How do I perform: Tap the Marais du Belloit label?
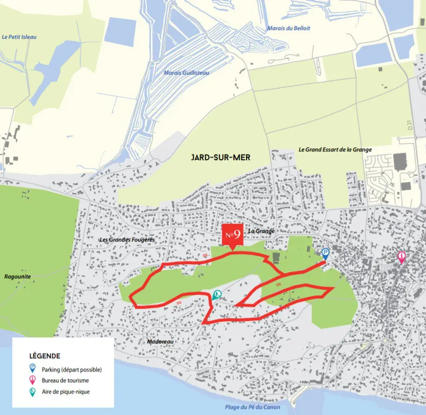tap(288, 28)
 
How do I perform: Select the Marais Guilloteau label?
tap(187, 73)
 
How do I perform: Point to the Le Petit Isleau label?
tap(19, 37)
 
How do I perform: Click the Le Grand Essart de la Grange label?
tap(335, 149)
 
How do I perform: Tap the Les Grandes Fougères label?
tap(127, 239)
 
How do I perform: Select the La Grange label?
tap(261, 231)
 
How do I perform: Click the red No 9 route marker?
tap(232, 235)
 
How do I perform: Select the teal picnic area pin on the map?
tap(217, 295)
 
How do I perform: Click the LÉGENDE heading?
tap(45, 356)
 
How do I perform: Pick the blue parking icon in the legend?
tap(32, 368)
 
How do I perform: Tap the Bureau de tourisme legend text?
tap(66, 380)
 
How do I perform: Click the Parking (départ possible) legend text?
tap(76, 369)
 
